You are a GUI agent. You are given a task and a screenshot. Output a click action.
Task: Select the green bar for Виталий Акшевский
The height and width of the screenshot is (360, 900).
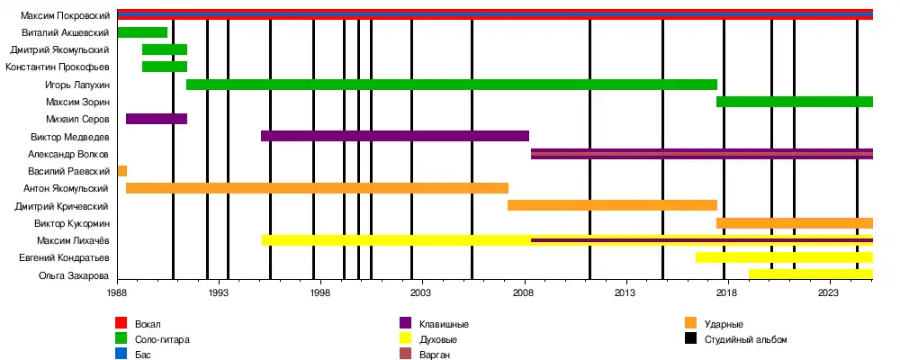point(142,32)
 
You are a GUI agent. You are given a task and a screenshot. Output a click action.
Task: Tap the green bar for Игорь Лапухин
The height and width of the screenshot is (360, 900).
point(451,85)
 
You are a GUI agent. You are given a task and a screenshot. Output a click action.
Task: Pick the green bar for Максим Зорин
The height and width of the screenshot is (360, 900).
point(794,102)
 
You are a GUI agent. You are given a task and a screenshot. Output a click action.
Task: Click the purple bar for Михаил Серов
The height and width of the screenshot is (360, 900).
point(157,119)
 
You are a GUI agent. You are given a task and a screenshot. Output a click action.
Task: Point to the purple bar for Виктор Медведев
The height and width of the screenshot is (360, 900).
point(394,136)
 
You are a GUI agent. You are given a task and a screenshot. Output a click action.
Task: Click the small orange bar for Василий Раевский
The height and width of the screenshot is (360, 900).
point(121,171)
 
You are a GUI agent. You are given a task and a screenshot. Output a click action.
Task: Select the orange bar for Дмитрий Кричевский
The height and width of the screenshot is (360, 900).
point(612,205)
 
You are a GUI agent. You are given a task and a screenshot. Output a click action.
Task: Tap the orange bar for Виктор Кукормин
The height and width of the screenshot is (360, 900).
point(794,222)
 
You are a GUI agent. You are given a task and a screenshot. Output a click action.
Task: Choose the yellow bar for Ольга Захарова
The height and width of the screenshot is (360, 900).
point(810,274)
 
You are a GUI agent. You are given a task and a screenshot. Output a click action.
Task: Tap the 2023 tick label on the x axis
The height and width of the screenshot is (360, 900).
point(829,292)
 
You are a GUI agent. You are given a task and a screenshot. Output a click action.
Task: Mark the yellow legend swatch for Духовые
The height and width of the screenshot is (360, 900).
point(406,339)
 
